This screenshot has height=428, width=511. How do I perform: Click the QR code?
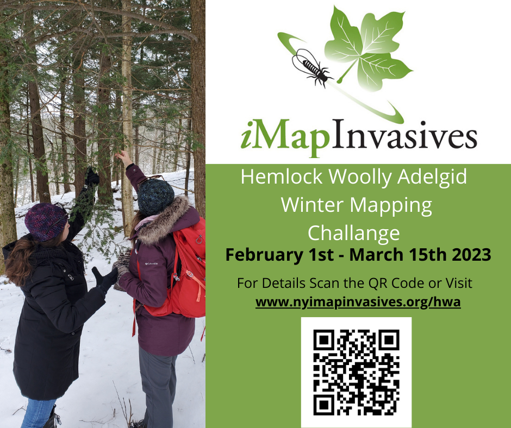coord(356,372)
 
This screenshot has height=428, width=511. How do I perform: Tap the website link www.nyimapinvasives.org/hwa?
coord(358,302)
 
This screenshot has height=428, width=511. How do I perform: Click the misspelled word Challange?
coord(353,233)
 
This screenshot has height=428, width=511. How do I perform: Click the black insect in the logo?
coord(311,67)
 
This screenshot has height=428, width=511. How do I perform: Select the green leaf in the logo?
coord(368,49)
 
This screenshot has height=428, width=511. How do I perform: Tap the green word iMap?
coord(285,137)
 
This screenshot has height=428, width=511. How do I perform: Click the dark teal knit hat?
coord(155,197)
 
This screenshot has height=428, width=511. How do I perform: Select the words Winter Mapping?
coord(357,206)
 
